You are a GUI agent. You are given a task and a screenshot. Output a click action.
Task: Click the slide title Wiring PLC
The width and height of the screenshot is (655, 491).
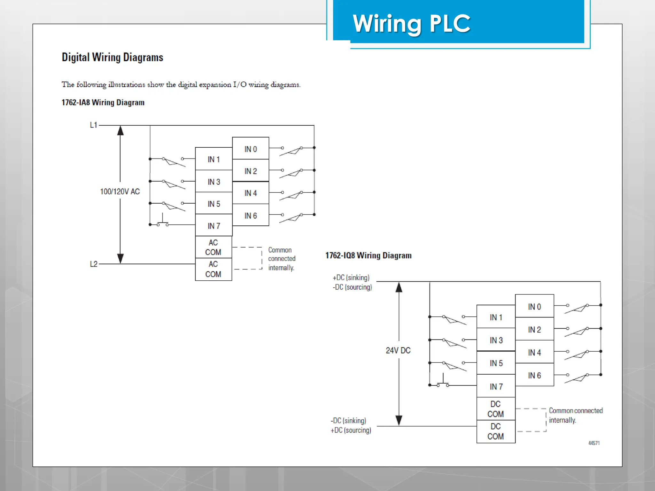pyautogui.click(x=411, y=24)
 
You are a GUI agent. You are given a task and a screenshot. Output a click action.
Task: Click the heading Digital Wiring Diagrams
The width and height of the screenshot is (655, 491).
pyautogui.click(x=112, y=58)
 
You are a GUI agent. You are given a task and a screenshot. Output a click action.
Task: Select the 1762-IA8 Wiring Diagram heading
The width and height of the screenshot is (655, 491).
pyautogui.click(x=103, y=103)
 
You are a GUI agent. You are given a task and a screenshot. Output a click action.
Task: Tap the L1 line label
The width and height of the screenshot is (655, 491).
pyautogui.click(x=93, y=125)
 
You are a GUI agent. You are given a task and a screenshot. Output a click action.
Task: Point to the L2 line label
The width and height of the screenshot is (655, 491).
pyautogui.click(x=93, y=264)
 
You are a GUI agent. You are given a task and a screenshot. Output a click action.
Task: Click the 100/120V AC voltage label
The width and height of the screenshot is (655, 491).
pyautogui.click(x=120, y=191)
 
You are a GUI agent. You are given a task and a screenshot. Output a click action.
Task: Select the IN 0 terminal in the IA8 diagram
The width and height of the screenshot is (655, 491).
pyautogui.click(x=250, y=149)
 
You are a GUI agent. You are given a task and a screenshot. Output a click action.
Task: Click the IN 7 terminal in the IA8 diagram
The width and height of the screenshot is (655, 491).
pyautogui.click(x=214, y=226)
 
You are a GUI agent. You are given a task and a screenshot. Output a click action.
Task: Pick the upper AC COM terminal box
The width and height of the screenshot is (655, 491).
pyautogui.click(x=213, y=247)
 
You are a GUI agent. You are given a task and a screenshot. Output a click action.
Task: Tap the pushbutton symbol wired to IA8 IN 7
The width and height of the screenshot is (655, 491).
pyautogui.click(x=162, y=222)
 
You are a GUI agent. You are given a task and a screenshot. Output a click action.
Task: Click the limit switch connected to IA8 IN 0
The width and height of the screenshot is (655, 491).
pyautogui.click(x=291, y=151)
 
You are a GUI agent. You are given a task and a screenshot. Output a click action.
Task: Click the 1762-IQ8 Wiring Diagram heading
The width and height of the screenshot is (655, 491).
pyautogui.click(x=368, y=255)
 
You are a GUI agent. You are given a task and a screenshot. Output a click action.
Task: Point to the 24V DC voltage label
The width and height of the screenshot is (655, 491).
pyautogui.click(x=398, y=350)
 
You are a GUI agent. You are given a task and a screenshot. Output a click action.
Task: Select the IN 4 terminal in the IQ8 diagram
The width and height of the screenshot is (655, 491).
pyautogui.click(x=534, y=352)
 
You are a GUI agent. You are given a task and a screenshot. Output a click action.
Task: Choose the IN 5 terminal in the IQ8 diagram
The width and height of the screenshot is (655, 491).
pyautogui.click(x=496, y=363)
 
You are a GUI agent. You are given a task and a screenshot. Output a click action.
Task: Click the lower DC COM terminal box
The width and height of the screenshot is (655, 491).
pyautogui.click(x=495, y=431)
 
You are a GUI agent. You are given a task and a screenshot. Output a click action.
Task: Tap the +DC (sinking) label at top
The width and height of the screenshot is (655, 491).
pyautogui.click(x=351, y=277)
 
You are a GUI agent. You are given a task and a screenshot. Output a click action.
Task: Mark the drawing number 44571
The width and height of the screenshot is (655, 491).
pyautogui.click(x=594, y=443)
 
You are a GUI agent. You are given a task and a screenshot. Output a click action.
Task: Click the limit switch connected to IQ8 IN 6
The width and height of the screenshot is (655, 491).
pyautogui.click(x=577, y=377)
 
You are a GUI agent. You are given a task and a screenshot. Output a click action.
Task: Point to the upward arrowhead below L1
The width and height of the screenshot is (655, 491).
pyautogui.click(x=120, y=130)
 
